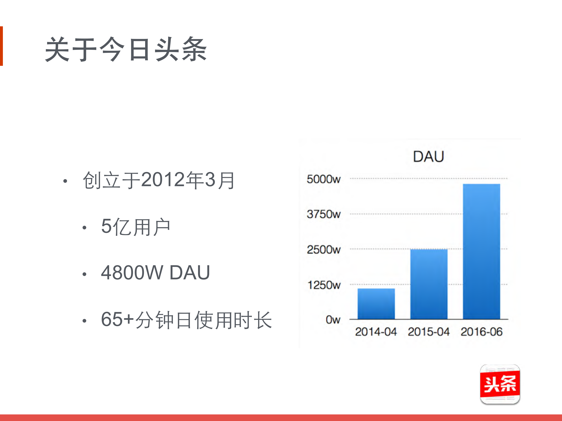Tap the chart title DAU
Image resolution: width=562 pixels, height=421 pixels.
click(428, 156)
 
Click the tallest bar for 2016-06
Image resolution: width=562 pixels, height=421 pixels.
click(481, 251)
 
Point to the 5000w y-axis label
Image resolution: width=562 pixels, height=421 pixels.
click(323, 179)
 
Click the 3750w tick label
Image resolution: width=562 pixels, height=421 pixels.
click(323, 214)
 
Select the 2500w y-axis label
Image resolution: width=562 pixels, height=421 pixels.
click(323, 250)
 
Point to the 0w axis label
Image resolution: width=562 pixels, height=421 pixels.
click(333, 320)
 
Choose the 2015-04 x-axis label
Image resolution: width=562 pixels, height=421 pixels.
click(429, 332)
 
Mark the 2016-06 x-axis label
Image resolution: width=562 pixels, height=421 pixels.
click(482, 332)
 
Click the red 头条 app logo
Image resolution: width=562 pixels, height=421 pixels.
click(500, 384)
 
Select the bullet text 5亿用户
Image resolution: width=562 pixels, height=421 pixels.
click(136, 227)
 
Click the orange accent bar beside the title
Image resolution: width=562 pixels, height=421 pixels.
click(1, 46)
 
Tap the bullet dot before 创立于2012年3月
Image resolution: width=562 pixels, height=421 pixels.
click(65, 181)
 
